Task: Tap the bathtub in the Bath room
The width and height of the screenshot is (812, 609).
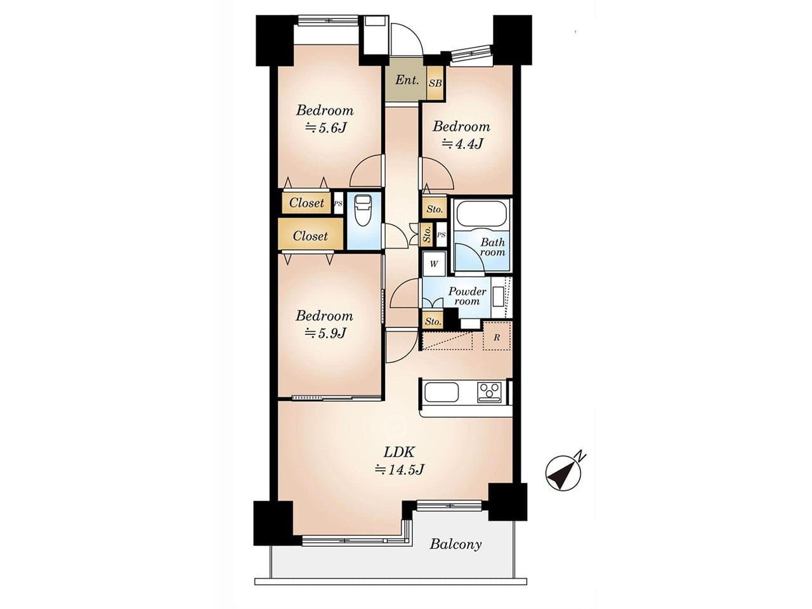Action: (481, 214)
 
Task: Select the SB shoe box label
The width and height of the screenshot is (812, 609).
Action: (435, 83)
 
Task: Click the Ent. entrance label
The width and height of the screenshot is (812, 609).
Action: (407, 80)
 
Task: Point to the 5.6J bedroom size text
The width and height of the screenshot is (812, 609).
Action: (325, 128)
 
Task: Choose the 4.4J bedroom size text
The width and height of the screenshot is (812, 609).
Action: (462, 143)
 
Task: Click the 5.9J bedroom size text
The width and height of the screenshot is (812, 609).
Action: (325, 333)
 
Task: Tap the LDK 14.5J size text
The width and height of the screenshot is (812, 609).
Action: (399, 469)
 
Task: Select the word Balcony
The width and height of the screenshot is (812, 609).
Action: (455, 544)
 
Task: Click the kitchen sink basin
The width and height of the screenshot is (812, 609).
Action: (442, 392)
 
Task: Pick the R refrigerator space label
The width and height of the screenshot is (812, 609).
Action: (497, 337)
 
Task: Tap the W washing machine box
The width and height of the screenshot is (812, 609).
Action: (435, 264)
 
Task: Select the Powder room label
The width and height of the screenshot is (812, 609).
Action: (467, 296)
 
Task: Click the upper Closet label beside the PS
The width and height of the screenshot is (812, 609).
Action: (306, 202)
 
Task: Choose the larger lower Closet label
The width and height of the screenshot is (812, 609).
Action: (310, 236)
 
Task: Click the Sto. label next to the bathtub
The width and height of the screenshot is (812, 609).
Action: (435, 209)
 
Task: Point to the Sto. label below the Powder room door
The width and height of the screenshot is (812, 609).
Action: (433, 321)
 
